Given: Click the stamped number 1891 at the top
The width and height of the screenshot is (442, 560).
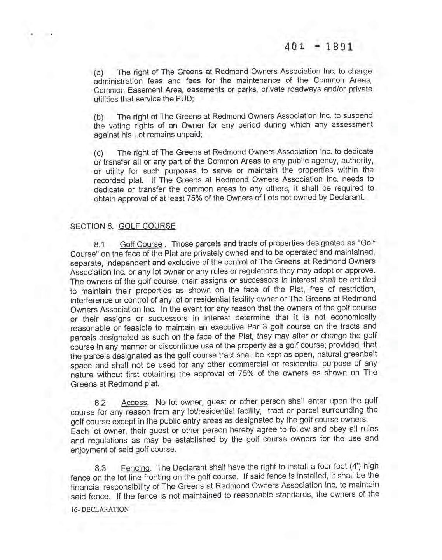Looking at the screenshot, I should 339,47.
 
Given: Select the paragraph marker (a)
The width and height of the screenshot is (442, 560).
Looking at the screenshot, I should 98,73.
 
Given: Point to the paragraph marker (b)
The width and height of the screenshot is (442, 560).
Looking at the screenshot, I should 98,117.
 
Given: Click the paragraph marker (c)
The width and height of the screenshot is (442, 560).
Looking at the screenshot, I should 98,153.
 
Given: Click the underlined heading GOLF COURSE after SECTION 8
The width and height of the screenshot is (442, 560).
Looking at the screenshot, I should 147,226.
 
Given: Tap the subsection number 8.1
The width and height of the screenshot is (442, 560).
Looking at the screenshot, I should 100,245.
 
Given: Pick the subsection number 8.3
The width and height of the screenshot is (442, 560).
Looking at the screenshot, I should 100,469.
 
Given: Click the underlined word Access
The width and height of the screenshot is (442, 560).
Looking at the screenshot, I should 134,402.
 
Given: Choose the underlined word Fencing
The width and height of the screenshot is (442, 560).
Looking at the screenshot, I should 135,468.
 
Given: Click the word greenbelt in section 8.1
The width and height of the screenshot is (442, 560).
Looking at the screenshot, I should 360,355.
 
